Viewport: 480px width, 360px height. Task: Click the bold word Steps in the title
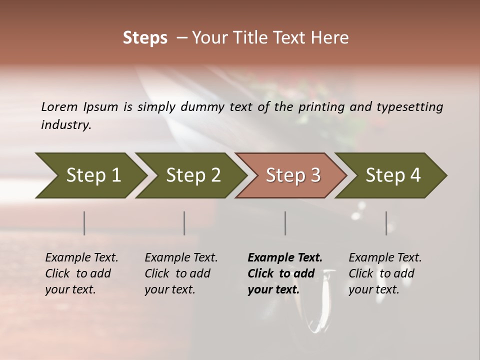click(x=145, y=38)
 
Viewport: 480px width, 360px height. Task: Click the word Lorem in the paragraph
click(x=59, y=106)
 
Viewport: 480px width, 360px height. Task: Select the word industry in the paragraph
click(x=65, y=124)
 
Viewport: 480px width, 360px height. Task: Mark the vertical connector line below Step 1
click(x=84, y=223)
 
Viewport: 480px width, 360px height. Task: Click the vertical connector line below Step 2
click(x=184, y=223)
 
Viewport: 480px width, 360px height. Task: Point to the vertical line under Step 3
click(x=285, y=223)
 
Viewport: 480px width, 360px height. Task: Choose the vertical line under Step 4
click(x=386, y=223)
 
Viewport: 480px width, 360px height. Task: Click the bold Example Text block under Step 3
click(x=284, y=273)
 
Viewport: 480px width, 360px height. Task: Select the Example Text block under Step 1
click(x=81, y=273)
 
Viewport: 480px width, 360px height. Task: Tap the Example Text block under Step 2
click(x=181, y=273)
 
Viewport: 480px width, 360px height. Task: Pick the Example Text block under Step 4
click(x=385, y=273)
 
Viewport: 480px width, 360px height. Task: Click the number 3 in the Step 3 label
click(x=315, y=175)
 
